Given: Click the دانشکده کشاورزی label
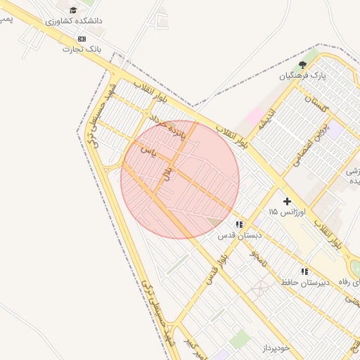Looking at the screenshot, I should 74,21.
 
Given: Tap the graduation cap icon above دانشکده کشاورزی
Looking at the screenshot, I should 73,10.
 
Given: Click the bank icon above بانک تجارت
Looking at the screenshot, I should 82,39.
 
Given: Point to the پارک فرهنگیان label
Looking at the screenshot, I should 303,75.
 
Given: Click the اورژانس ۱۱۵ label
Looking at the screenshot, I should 287,211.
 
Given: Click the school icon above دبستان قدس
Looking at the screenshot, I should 240,225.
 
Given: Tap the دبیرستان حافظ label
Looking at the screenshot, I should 305,283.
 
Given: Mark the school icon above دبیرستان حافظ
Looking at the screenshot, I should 304,271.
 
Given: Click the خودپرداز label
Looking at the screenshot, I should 276,348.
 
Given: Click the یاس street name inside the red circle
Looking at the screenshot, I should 148,150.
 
